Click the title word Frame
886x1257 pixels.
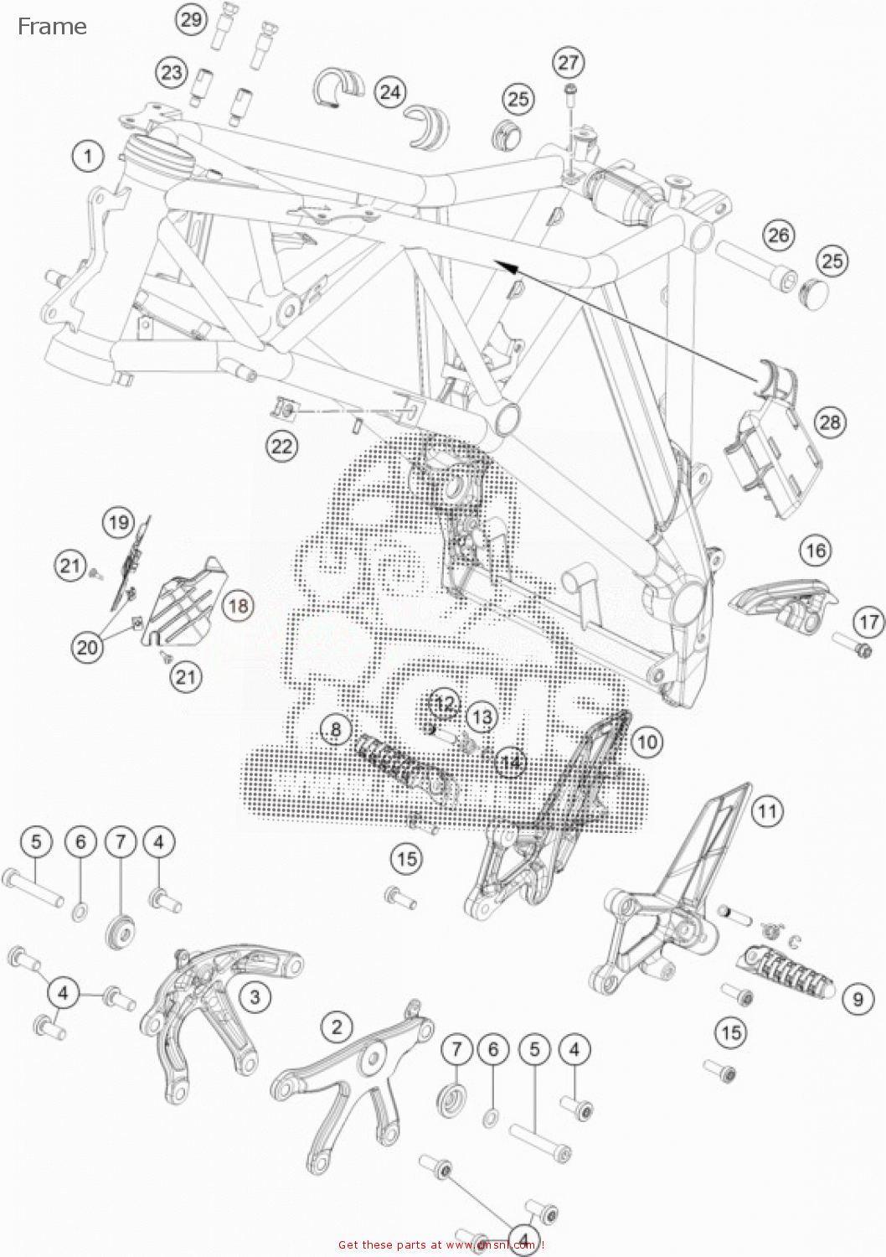click(52, 27)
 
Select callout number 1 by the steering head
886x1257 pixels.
click(88, 156)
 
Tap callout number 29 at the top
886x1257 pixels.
click(192, 19)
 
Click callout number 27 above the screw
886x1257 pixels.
click(569, 62)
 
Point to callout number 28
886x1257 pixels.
click(829, 422)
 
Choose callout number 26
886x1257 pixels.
click(779, 235)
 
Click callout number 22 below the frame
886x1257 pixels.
click(281, 445)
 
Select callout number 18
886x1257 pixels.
click(239, 605)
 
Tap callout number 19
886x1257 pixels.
click(118, 523)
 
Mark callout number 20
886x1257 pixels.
click(87, 647)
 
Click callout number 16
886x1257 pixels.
click(815, 551)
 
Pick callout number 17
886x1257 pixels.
click(868, 622)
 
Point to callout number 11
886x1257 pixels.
click(767, 811)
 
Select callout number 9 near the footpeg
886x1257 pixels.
click(858, 999)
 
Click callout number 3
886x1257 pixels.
click(255, 996)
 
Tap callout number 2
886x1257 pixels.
click(337, 1027)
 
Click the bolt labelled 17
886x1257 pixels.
click(852, 646)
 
